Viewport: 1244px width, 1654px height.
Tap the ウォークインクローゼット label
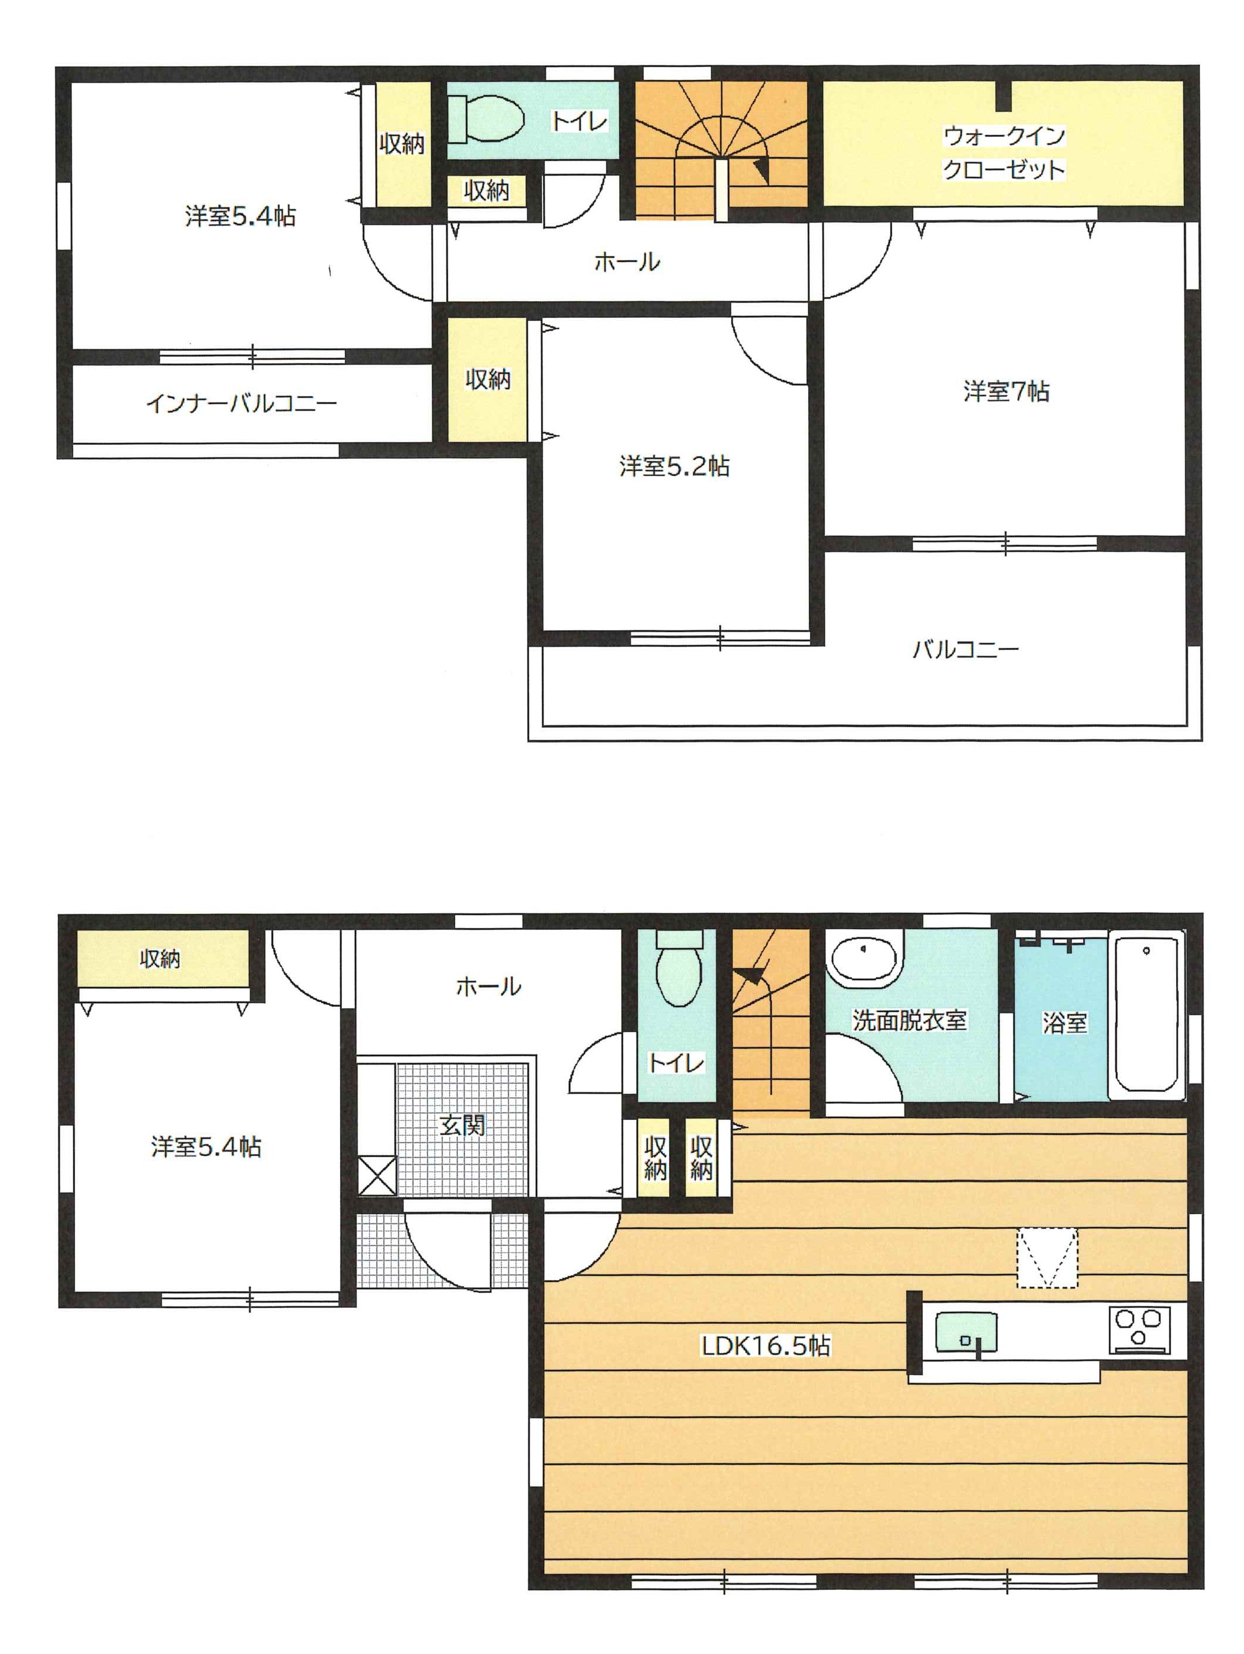pos(1002,153)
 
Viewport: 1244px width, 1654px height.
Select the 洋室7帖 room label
pos(1005,391)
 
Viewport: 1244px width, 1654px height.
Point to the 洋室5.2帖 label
pos(673,466)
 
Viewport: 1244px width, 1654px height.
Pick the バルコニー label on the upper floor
pos(965,648)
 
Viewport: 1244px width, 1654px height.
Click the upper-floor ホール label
pos(627,262)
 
